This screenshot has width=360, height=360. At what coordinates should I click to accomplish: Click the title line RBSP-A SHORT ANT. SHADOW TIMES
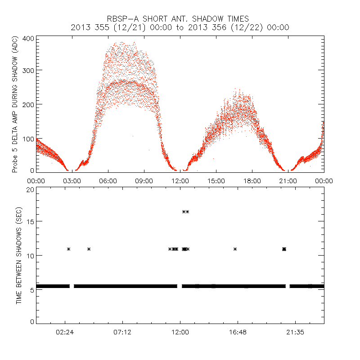(180, 18)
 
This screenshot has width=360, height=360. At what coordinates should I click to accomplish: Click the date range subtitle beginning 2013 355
(180, 27)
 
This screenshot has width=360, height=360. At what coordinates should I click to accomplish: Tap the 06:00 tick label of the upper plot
(108, 180)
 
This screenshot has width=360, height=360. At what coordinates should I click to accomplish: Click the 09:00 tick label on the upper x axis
(144, 180)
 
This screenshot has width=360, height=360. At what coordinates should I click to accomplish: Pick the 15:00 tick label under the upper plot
(216, 180)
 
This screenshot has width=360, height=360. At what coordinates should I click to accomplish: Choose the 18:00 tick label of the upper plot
(252, 180)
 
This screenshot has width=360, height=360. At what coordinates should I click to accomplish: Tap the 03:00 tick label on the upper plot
(72, 180)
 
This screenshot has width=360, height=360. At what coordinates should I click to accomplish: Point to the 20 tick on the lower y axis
(30, 189)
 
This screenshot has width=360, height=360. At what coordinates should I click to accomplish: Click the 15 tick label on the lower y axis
(30, 221)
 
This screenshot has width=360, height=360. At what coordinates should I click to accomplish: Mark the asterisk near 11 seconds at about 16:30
(235, 249)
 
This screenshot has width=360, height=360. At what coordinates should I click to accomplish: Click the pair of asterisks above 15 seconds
(185, 211)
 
